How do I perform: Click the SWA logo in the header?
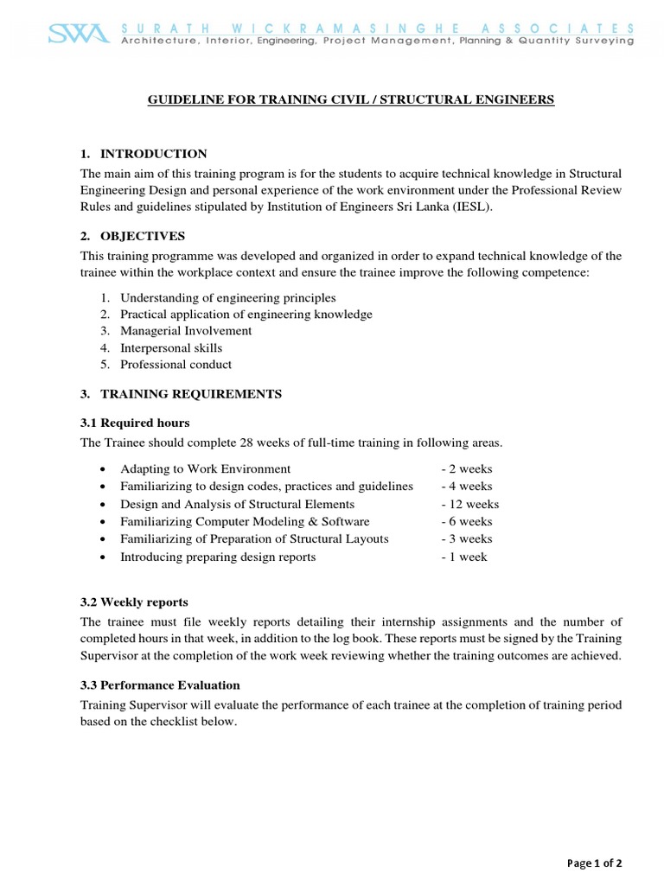coord(79,35)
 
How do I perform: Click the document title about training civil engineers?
coord(351,100)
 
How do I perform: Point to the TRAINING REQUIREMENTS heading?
coord(191,393)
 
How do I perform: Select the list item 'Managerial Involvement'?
coord(186,331)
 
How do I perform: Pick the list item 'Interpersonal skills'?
coord(171,347)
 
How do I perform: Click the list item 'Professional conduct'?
coord(176,365)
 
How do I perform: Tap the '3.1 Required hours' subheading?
coord(135,423)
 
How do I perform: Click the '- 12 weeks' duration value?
coord(469,504)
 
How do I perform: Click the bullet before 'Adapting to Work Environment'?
coord(104,469)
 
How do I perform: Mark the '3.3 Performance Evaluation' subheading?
coord(160,684)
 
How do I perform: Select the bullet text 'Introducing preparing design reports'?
coord(218,557)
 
